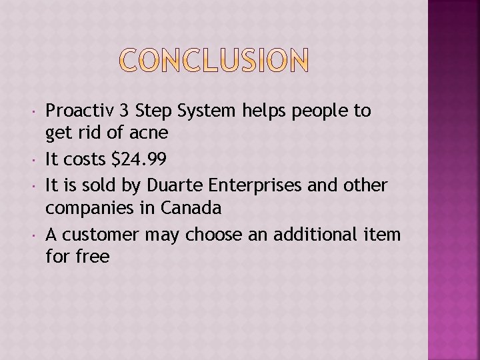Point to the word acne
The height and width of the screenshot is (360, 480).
(148, 133)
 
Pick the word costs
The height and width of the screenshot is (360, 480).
(83, 159)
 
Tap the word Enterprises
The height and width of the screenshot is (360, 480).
(241, 185)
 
